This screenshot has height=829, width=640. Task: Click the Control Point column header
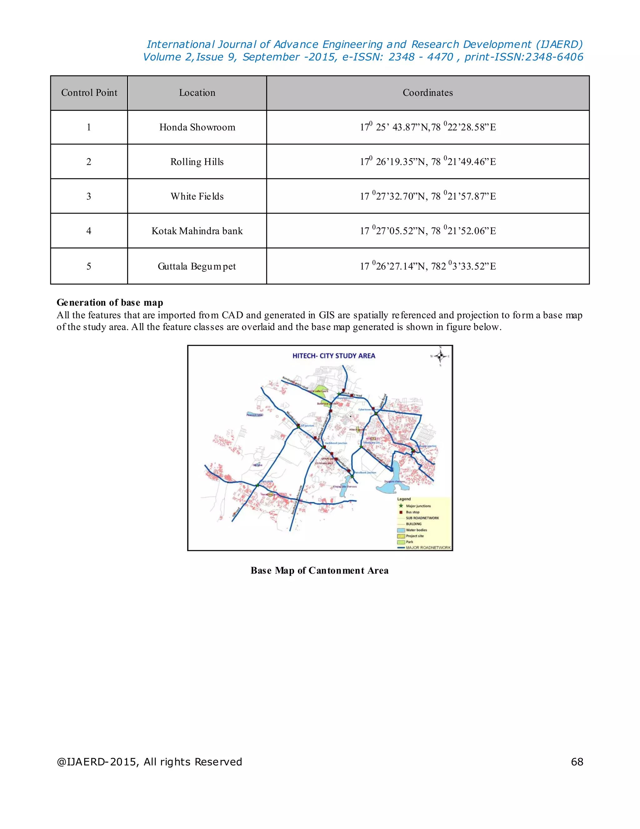89,93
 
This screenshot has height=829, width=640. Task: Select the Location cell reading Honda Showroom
197,127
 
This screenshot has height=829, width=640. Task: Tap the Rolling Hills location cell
197,162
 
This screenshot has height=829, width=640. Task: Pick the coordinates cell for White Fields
428,196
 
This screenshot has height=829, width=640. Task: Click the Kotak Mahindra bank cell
197,231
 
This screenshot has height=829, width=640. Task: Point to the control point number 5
89,266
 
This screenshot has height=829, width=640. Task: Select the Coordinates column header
428,93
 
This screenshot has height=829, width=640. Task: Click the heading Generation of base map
110,303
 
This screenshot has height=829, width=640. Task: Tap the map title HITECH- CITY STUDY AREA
334,356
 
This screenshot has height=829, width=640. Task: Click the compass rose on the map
440,356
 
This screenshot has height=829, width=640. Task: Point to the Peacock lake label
254,415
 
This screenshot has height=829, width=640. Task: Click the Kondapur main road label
295,383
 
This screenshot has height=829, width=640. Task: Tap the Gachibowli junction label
336,443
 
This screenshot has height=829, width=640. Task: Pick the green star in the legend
401,506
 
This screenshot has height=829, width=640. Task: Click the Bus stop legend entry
412,512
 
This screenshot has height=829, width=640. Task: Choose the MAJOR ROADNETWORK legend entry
428,548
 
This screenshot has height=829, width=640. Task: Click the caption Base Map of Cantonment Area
319,571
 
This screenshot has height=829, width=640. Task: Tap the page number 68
577,762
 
